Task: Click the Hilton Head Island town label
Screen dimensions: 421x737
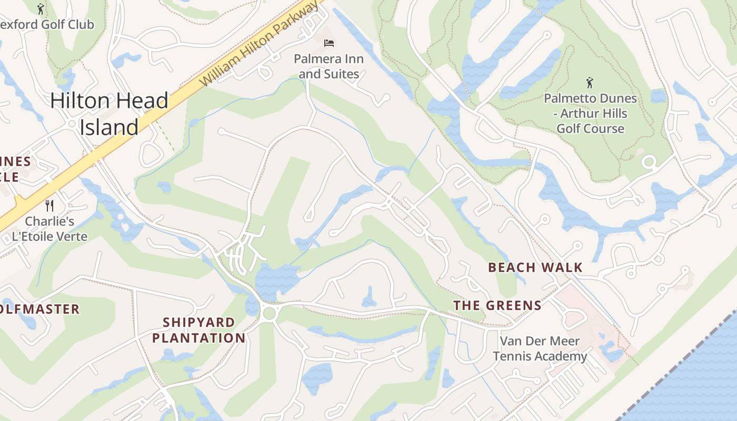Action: pos(109,114)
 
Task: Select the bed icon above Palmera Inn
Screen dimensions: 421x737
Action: pos(329,43)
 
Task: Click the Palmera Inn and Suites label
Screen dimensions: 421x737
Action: pos(329,66)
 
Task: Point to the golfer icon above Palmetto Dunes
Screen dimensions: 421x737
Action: pos(590,83)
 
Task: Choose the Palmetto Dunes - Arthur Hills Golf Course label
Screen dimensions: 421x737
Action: pos(590,113)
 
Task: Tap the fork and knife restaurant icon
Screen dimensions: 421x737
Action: pos(49,205)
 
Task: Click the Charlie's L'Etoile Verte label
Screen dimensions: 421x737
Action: pos(49,228)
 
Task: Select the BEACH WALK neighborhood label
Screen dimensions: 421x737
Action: pos(535,267)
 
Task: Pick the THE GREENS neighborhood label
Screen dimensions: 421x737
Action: pos(497,305)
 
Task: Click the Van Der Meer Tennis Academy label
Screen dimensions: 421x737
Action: pos(540,348)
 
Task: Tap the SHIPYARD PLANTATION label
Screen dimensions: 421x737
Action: pos(198,330)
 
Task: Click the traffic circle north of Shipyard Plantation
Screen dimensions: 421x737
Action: pos(269,313)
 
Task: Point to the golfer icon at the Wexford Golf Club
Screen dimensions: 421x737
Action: pos(41,9)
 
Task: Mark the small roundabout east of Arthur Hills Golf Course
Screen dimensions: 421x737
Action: pos(649,162)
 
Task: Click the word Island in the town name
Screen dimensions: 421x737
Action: pos(109,127)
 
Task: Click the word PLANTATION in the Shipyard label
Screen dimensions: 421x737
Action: pos(198,338)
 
